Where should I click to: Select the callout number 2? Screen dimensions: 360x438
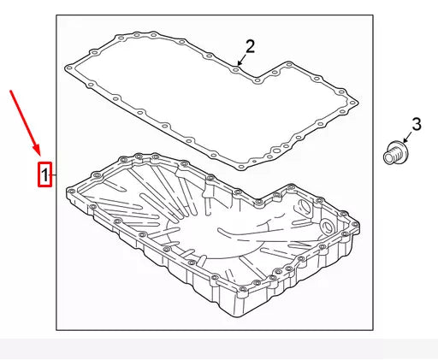coord(251,45)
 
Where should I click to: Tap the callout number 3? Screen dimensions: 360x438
coord(417,125)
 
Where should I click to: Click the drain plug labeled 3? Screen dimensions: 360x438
coord(394,154)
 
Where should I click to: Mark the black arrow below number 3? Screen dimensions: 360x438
coord(408,139)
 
